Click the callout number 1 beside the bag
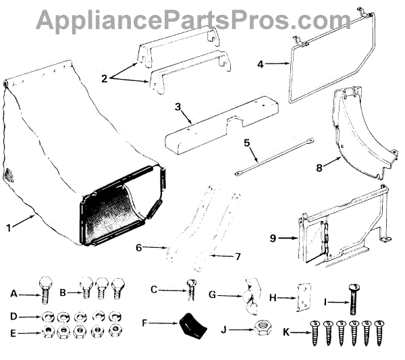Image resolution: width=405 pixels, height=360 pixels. click(8, 227)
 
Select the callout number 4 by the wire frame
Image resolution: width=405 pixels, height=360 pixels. click(261, 64)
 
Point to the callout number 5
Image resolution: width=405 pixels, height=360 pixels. click(246, 143)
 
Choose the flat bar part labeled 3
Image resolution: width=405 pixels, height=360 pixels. click(223, 122)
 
